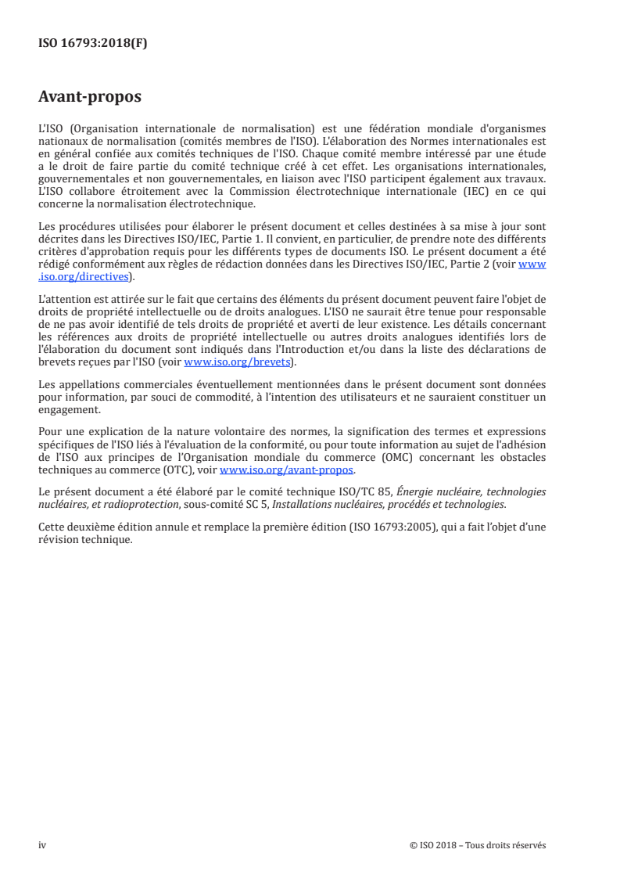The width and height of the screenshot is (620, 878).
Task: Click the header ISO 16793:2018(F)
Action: click(x=93, y=44)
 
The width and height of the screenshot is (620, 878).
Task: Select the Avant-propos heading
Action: click(x=90, y=98)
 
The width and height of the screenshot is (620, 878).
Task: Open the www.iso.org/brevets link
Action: click(x=238, y=362)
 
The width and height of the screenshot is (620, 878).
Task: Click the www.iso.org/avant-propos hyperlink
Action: click(x=287, y=470)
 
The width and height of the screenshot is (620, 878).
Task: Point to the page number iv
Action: click(x=43, y=845)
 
